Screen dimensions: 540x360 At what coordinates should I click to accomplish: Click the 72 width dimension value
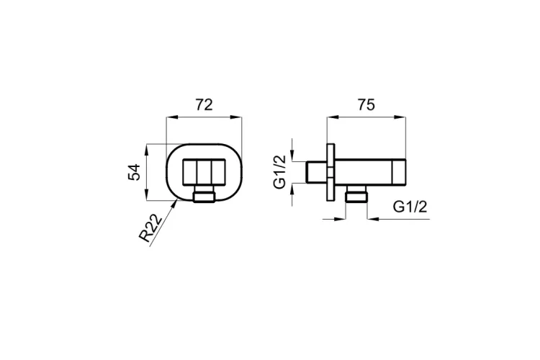click(x=204, y=104)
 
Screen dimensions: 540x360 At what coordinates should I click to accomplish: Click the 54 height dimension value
click(x=135, y=172)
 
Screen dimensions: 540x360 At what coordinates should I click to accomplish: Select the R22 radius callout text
click(x=150, y=228)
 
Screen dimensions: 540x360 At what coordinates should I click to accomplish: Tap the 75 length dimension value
click(x=366, y=104)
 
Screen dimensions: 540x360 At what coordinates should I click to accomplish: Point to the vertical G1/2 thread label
click(x=280, y=171)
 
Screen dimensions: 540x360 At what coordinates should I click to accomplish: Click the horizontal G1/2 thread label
click(x=410, y=207)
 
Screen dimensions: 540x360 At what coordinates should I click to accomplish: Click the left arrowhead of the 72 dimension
click(x=171, y=118)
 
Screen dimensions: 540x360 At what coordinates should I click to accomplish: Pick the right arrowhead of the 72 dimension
click(x=237, y=118)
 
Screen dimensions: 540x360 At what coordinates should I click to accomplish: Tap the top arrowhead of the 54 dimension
click(x=147, y=149)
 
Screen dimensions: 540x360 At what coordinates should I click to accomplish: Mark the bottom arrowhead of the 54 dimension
click(x=147, y=195)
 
